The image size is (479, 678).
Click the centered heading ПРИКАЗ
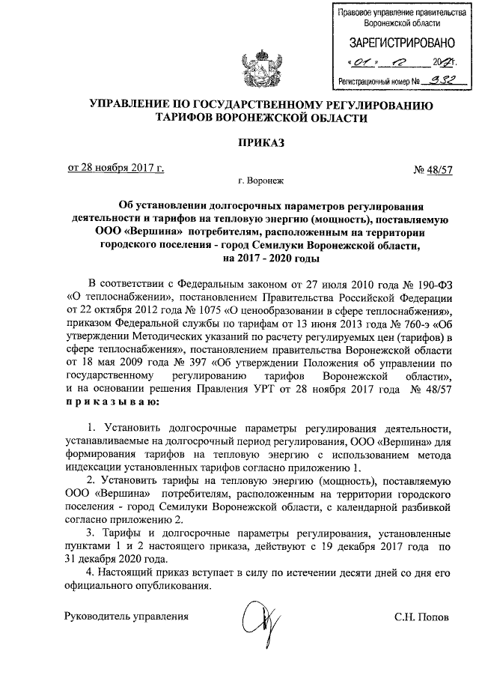262,143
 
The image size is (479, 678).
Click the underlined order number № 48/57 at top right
433,170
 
